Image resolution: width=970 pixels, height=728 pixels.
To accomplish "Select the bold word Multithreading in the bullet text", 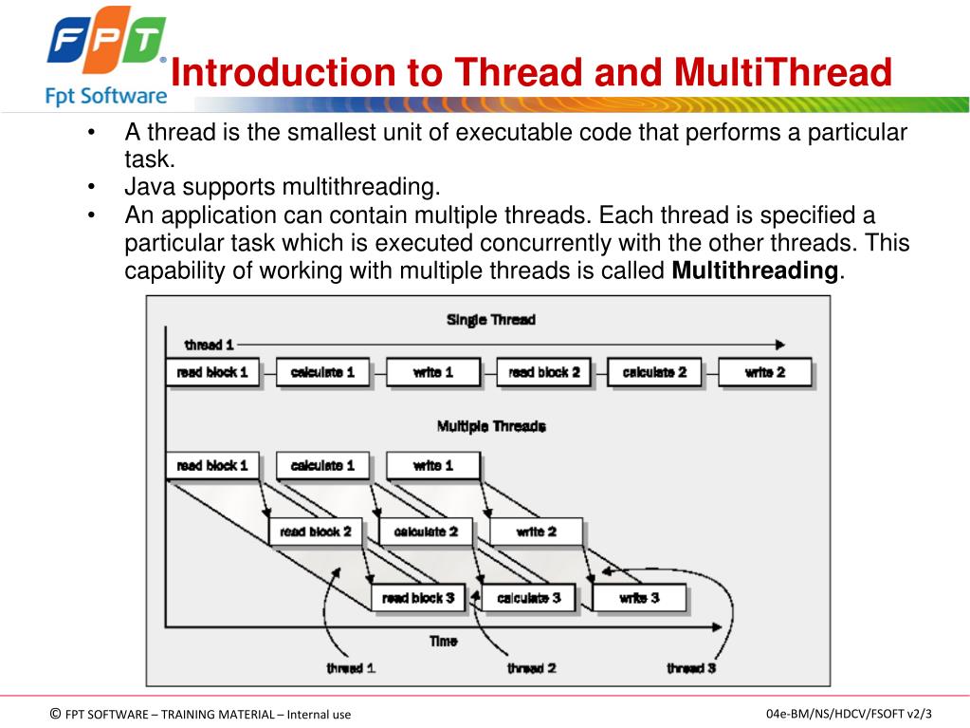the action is click(755, 271).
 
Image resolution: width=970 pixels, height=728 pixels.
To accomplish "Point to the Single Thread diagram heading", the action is click(490, 320).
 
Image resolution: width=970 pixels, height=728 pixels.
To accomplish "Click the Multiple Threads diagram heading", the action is click(490, 426).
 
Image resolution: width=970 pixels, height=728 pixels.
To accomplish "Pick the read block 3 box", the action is click(418, 599).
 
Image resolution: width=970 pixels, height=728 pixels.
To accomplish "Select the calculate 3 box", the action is click(529, 599).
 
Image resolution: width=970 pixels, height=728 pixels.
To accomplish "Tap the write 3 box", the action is click(639, 599).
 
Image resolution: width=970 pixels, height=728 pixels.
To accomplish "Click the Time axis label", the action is click(443, 642).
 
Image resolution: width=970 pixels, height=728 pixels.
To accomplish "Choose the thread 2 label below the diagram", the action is click(531, 668).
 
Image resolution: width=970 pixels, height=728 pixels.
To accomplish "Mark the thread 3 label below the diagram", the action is click(691, 668).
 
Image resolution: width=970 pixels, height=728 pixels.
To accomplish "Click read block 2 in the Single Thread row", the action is click(544, 373).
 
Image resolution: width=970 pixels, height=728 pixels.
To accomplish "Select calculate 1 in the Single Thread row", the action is click(322, 373).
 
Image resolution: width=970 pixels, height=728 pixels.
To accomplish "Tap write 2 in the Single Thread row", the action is click(765, 373).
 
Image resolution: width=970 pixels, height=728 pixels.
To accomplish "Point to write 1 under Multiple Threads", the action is click(433, 466).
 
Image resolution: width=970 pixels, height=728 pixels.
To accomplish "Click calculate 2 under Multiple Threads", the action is click(426, 532).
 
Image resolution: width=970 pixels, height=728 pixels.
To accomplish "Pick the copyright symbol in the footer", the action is click(55, 714).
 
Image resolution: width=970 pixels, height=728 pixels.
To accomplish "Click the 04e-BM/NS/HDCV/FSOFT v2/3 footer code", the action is click(849, 714).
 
